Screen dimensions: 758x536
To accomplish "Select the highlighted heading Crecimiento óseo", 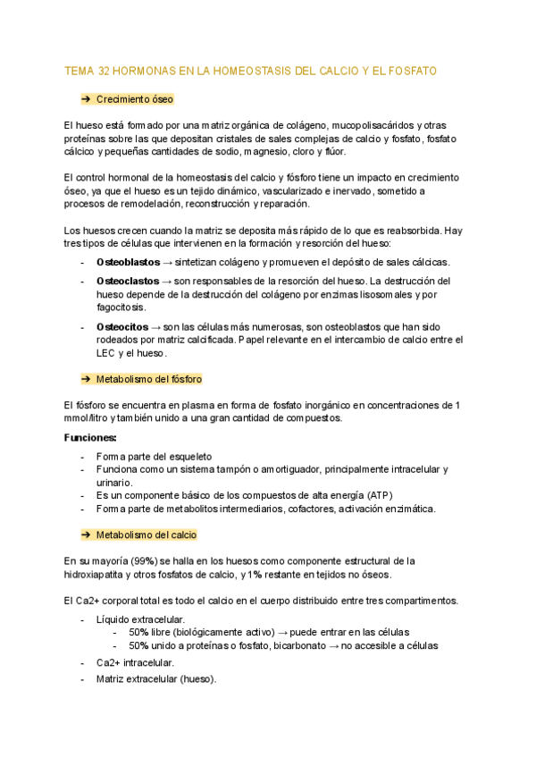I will (x=134, y=99).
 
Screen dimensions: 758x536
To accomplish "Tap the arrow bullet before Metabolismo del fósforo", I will (x=87, y=379).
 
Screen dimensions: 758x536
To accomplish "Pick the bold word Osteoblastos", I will (x=127, y=262).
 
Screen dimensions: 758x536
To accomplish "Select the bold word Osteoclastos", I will (x=127, y=282).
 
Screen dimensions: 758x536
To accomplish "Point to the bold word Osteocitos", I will (x=122, y=327).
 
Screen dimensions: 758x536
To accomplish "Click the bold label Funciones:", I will (x=90, y=438).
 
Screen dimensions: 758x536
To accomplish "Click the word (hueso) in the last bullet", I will (x=197, y=678).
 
